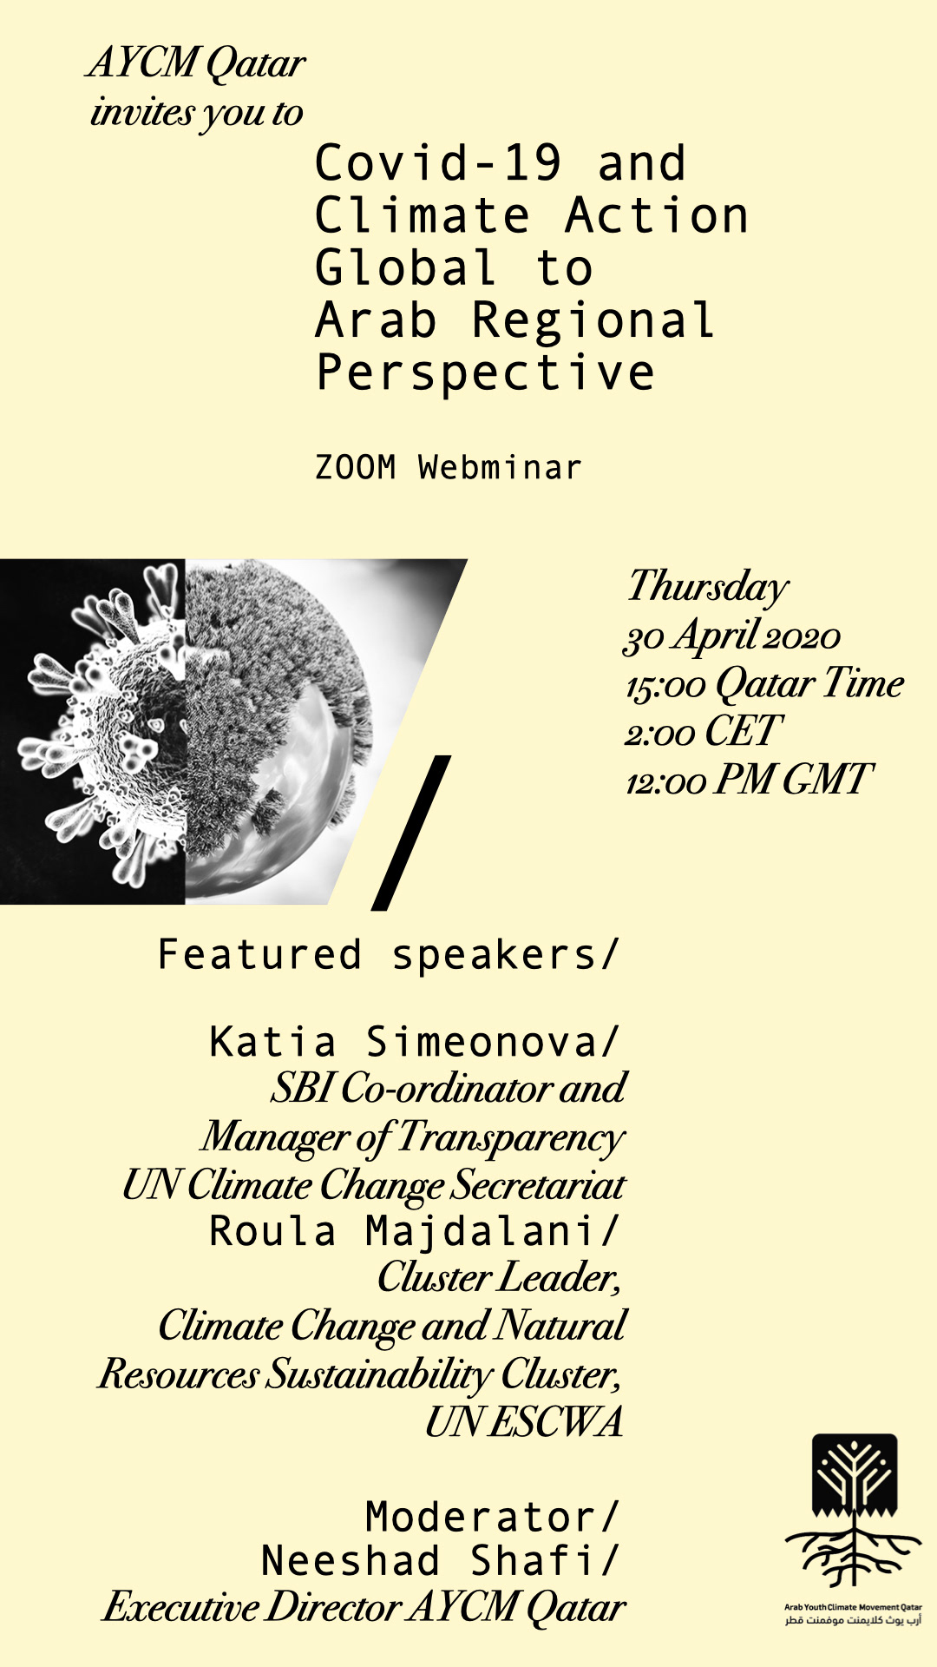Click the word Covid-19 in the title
pyautogui.click(x=439, y=163)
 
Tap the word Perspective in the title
pyautogui.click(x=485, y=373)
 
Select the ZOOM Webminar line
pyautogui.click(x=448, y=467)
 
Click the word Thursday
pyautogui.click(x=708, y=587)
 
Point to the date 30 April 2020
pyautogui.click(x=732, y=636)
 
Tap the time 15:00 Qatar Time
pyautogui.click(x=764, y=684)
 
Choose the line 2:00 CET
pyautogui.click(x=704, y=732)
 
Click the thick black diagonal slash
pyautogui.click(x=411, y=833)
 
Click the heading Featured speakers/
pyautogui.click(x=388, y=955)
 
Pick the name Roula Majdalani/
pyautogui.click(x=415, y=1231)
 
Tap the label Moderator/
pyautogui.click(x=492, y=1518)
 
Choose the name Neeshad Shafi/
pyautogui.click(x=440, y=1560)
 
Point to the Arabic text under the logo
pyautogui.click(x=854, y=1621)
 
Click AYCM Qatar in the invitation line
pyautogui.click(x=197, y=64)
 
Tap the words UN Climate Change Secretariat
pyautogui.click(x=374, y=1186)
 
